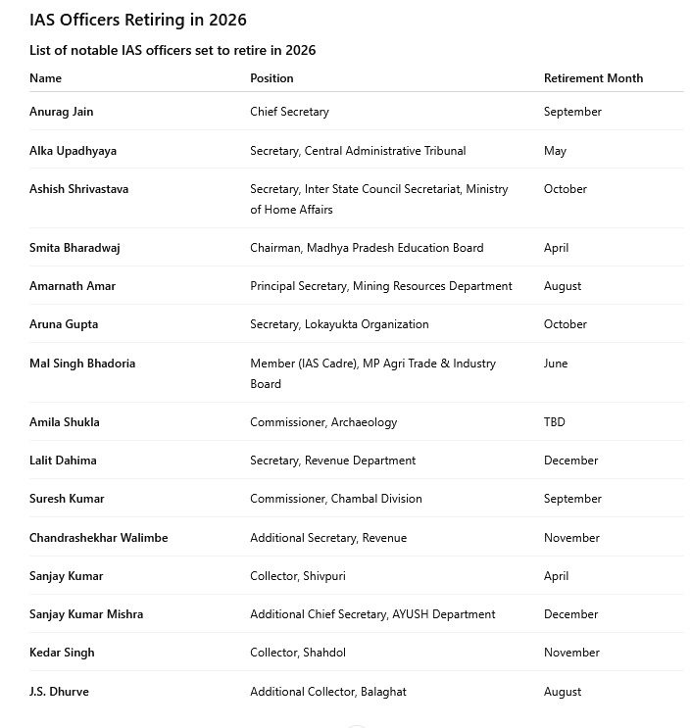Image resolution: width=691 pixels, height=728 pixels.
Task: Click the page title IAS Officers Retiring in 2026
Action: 138,20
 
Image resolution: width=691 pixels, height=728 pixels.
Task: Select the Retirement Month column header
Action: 593,78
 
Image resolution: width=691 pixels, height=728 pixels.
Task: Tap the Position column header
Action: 271,78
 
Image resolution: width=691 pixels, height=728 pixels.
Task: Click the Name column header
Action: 45,78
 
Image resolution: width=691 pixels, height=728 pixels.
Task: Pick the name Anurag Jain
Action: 62,112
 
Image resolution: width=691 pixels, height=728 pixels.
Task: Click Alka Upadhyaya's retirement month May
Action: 555,151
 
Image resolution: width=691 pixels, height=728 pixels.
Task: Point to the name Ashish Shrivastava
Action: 78,189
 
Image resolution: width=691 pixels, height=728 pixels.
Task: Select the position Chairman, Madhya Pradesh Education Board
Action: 367,248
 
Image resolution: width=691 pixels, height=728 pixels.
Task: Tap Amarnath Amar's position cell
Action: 380,286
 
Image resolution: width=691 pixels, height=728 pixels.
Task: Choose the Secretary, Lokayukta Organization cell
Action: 339,324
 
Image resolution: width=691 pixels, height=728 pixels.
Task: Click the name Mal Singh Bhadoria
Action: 82,364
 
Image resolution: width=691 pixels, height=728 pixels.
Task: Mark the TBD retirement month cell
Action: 555,422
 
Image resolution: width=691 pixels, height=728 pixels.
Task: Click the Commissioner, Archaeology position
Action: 323,422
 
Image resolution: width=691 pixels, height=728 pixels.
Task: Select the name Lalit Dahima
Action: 63,461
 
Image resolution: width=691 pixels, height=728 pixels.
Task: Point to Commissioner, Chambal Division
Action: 336,499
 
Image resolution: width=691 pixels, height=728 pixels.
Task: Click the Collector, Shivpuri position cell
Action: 296,576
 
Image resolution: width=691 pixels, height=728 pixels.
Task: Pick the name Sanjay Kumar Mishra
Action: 86,614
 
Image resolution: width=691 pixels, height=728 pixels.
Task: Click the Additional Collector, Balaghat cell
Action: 327,692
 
